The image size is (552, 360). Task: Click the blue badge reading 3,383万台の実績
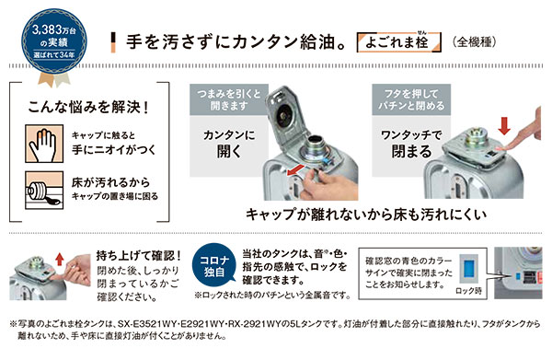[x=54, y=41]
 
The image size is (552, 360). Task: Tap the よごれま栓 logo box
[x=399, y=42]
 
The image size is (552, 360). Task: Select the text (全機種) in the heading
[x=475, y=42]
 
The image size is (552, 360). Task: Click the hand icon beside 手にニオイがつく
[x=44, y=144]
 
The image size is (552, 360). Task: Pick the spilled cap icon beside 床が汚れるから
[x=44, y=190]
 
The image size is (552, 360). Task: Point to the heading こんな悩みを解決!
[x=88, y=107]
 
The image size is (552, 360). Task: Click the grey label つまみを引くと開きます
[x=229, y=99]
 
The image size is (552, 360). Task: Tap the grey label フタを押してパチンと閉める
[x=411, y=99]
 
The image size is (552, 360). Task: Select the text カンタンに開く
[x=229, y=144]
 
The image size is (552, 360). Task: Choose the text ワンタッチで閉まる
[x=411, y=144]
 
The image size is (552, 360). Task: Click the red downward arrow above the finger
[x=504, y=126]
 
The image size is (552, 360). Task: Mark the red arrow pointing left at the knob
[x=295, y=170]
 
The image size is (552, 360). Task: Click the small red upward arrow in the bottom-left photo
[x=60, y=260]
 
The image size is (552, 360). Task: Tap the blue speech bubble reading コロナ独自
[x=214, y=266]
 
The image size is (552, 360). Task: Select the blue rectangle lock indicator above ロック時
[x=468, y=270]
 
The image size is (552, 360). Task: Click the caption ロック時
[x=468, y=291]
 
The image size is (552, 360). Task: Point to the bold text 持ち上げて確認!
[x=139, y=255]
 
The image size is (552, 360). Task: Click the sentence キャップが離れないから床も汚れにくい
[x=366, y=215]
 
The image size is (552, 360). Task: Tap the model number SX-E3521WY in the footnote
[x=144, y=324]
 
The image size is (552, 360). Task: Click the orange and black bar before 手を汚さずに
[x=113, y=42]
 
